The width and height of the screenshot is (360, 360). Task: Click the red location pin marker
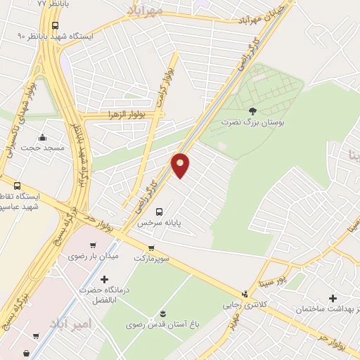pos(181,165)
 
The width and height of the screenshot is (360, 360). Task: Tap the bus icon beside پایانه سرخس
pos(159,211)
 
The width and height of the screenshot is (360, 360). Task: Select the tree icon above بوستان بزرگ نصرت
pos(252,110)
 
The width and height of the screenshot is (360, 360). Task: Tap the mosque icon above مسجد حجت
pos(43,137)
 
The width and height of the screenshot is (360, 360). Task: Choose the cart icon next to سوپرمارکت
pos(151,247)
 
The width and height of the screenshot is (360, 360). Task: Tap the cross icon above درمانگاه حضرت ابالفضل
pos(105,279)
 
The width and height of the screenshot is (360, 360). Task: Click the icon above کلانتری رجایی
pos(244,294)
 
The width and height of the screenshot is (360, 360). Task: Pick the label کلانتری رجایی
pos(243,305)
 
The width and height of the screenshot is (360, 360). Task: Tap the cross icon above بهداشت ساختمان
pos(333,298)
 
